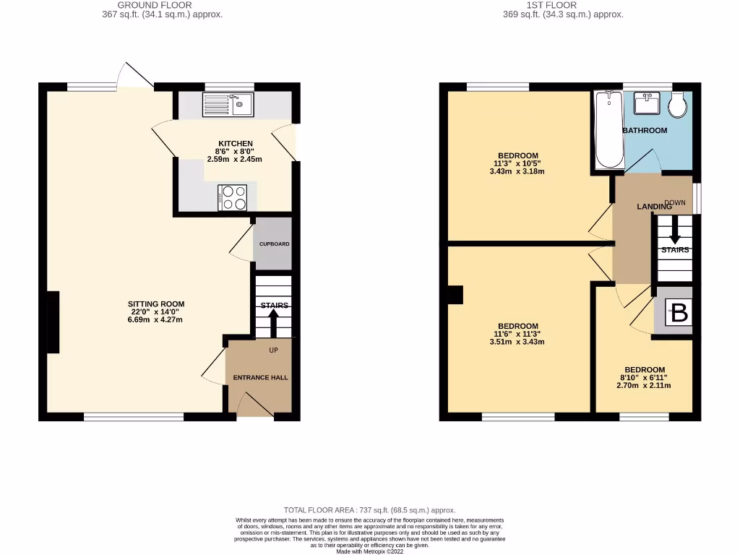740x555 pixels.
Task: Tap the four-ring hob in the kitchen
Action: [233, 197]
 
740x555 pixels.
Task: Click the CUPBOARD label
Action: [275, 244]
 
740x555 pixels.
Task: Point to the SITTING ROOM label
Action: [156, 304]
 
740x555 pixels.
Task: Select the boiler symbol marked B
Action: [679, 314]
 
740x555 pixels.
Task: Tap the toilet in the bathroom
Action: [679, 106]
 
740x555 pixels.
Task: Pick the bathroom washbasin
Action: [646, 104]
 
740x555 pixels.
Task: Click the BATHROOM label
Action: [645, 131]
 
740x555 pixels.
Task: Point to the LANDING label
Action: [653, 207]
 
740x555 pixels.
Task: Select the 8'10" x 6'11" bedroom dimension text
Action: [643, 377]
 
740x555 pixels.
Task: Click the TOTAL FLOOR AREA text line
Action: [369, 510]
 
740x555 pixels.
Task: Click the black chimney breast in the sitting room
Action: [53, 322]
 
